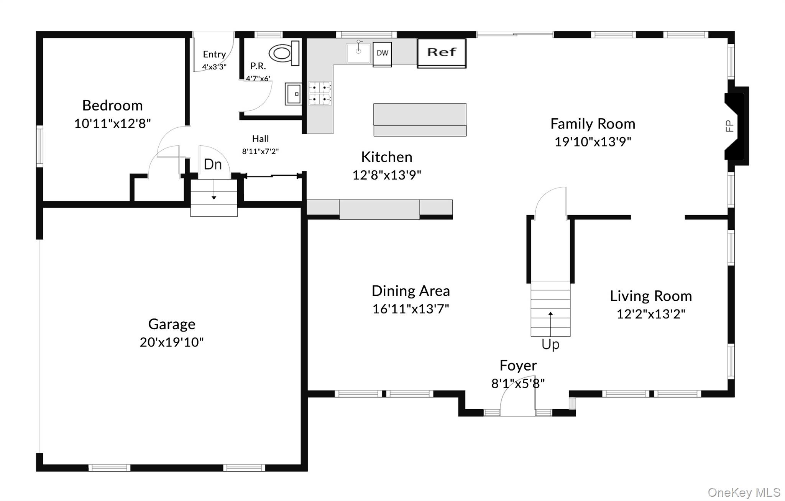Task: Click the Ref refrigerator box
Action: coord(442,53)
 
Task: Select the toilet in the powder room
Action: coord(284,53)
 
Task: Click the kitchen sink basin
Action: coord(358,53)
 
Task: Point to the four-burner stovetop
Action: coord(320,93)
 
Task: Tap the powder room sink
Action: coord(293,94)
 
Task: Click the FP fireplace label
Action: coord(729,126)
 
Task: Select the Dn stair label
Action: coord(213,164)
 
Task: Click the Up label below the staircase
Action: coord(550,344)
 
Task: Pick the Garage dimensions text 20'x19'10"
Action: coord(172,342)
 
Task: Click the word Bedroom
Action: coord(112,105)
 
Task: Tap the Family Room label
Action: coord(593,124)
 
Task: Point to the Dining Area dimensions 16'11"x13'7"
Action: coord(411,308)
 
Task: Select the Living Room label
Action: coord(651,296)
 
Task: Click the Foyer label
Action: coord(518,365)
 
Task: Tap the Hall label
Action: coord(260,138)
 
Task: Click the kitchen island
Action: coord(420,119)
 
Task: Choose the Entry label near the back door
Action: coord(214,54)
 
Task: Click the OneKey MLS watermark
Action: coord(744,492)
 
